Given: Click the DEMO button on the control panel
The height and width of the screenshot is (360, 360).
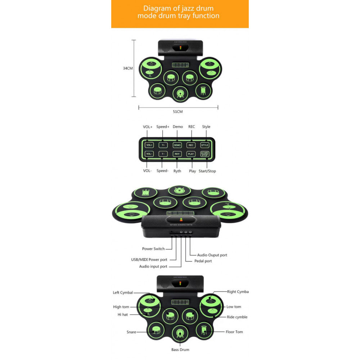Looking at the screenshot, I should point(177,145).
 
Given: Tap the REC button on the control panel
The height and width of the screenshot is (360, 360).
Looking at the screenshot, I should point(191,145).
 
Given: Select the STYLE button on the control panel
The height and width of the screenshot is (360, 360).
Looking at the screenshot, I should point(204,145).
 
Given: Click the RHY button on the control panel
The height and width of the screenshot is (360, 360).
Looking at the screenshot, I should point(177,154).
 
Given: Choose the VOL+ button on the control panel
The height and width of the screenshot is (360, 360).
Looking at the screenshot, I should point(149,145).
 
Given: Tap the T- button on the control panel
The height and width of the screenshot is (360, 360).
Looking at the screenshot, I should point(163,154).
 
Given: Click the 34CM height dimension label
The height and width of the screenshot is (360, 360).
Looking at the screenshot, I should point(128,68).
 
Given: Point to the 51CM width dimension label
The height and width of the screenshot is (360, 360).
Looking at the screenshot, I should point(178,112).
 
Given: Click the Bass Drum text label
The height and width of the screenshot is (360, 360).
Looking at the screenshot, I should point(180,350).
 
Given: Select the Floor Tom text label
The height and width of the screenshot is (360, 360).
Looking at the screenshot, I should point(234,332).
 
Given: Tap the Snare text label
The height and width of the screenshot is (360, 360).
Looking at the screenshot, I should point(131,332).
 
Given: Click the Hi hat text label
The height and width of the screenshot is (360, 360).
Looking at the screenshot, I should point(123,314).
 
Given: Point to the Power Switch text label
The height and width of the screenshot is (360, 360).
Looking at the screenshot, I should point(153,249).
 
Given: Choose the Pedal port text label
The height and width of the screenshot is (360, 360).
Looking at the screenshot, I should point(203,261).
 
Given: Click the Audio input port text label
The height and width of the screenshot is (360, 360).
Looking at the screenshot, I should point(153,266).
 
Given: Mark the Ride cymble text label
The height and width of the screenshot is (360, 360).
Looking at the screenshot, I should point(237,317).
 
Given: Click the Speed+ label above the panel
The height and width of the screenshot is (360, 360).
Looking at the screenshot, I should point(163,127).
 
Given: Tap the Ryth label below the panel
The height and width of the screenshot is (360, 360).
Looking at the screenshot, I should point(177,171).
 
